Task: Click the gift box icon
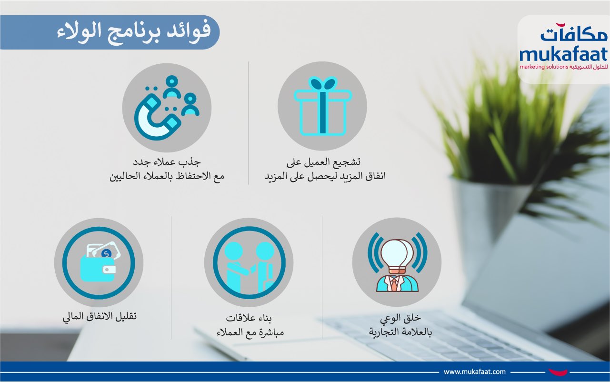click(x=323, y=106)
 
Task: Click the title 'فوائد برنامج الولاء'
click(x=134, y=32)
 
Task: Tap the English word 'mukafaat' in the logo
click(x=563, y=55)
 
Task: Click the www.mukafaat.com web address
click(x=475, y=372)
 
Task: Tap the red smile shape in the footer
click(x=558, y=372)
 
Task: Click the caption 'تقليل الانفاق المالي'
click(x=100, y=316)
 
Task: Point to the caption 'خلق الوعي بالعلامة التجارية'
click(x=400, y=325)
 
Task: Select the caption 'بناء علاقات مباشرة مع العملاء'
click(x=250, y=325)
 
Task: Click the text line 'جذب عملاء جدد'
click(x=167, y=162)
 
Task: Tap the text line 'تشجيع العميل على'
click(x=323, y=162)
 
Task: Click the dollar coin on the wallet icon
click(x=106, y=254)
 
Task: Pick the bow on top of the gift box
click(x=323, y=83)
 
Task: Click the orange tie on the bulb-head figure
click(x=394, y=283)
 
